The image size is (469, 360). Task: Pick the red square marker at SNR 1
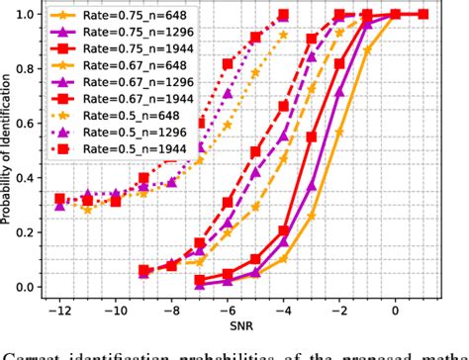(x=423, y=14)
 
